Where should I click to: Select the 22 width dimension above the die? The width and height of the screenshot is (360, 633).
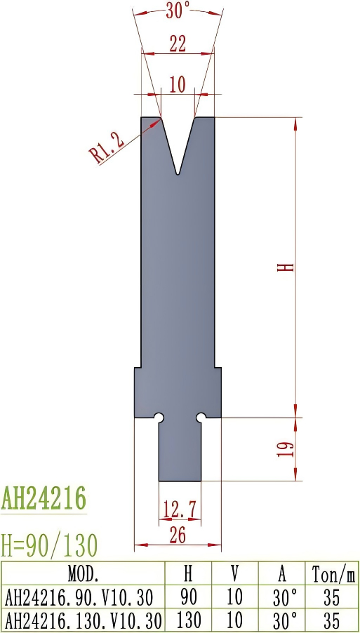[x=178, y=44]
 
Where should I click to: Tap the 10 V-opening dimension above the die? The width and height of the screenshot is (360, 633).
[x=178, y=85]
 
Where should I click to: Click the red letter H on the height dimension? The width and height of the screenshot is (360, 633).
[x=284, y=267]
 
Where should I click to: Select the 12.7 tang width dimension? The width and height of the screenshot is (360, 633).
[x=178, y=507]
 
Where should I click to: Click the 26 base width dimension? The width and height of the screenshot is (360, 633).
[x=178, y=535]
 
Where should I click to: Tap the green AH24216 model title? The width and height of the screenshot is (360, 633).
[x=44, y=499]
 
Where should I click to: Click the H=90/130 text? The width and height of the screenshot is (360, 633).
[x=49, y=544]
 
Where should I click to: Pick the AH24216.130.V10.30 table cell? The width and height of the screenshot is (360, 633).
[x=83, y=620]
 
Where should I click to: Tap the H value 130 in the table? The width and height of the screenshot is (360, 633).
[x=188, y=620]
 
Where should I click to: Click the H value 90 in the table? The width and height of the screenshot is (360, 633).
[x=188, y=597]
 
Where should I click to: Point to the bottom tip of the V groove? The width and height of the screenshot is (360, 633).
[x=178, y=173]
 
